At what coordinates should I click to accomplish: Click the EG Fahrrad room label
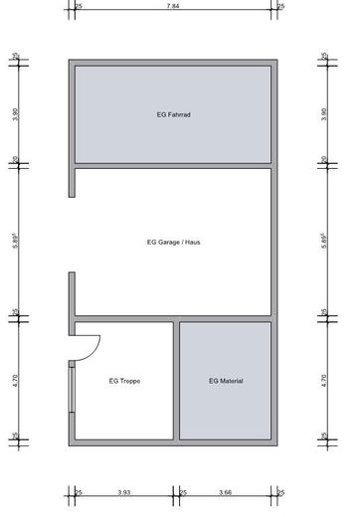point(173,115)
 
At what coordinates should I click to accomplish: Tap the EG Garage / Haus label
point(173,242)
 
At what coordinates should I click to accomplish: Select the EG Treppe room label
point(124,381)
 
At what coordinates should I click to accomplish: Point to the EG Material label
point(226,381)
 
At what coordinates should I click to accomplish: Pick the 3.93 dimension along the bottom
point(124,491)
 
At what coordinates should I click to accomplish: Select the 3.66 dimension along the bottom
point(226,491)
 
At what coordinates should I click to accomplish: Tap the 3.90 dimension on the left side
point(15,114)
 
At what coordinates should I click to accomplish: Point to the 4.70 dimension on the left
point(15,379)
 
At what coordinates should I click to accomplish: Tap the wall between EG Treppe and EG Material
point(175,380)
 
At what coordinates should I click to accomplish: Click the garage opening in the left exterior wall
point(72,235)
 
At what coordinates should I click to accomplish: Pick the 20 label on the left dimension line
point(15,158)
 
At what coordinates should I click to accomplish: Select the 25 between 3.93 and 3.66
point(182,491)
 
